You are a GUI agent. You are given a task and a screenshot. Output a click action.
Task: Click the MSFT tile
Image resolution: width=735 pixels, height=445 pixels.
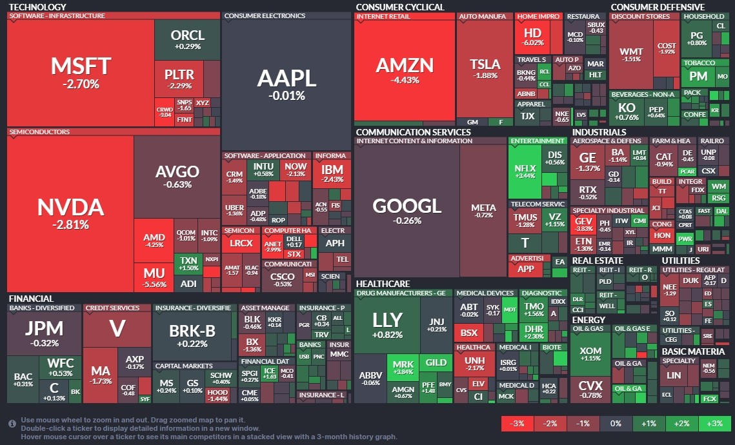[x=81, y=72]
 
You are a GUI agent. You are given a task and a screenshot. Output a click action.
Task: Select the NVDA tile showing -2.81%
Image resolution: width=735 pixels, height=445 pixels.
[x=70, y=213]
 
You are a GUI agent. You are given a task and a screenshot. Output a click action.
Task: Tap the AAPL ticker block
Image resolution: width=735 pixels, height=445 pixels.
[x=287, y=84]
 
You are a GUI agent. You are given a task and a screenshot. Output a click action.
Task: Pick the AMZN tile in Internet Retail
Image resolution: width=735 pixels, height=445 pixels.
[x=405, y=70]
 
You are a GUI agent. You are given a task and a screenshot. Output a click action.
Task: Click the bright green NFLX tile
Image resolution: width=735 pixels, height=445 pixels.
[x=525, y=170]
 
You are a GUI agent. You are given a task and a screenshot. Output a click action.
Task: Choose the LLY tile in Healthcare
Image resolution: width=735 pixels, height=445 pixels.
[x=387, y=325]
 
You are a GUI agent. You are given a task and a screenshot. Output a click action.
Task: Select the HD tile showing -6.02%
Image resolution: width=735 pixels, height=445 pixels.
[x=532, y=37]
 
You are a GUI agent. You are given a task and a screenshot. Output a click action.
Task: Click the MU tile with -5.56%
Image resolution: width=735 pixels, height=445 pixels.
[x=154, y=277]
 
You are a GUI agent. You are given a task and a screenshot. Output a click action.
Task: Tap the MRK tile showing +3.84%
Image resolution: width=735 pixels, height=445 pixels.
[x=403, y=368]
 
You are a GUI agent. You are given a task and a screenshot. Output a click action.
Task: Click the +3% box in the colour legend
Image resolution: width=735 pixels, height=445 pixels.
[x=714, y=424]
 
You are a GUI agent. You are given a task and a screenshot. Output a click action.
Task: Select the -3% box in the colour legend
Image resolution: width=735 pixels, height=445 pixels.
[x=518, y=424]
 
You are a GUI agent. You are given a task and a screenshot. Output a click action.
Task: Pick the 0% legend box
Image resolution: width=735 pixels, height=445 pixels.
[x=616, y=424]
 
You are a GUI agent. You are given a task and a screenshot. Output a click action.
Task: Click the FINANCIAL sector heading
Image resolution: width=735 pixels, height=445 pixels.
[x=31, y=299]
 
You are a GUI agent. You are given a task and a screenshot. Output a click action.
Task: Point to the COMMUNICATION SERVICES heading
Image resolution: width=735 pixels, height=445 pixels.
[x=413, y=132]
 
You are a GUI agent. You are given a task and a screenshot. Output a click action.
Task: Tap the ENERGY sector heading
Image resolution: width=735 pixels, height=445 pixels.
[x=589, y=319]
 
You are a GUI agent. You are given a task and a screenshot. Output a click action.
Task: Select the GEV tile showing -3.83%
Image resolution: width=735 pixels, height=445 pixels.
[x=583, y=224]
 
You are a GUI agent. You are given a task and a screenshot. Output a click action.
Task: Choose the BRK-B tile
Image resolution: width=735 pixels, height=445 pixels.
[x=192, y=331]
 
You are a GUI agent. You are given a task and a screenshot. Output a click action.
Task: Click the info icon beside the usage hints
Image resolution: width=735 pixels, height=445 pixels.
[x=12, y=424]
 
